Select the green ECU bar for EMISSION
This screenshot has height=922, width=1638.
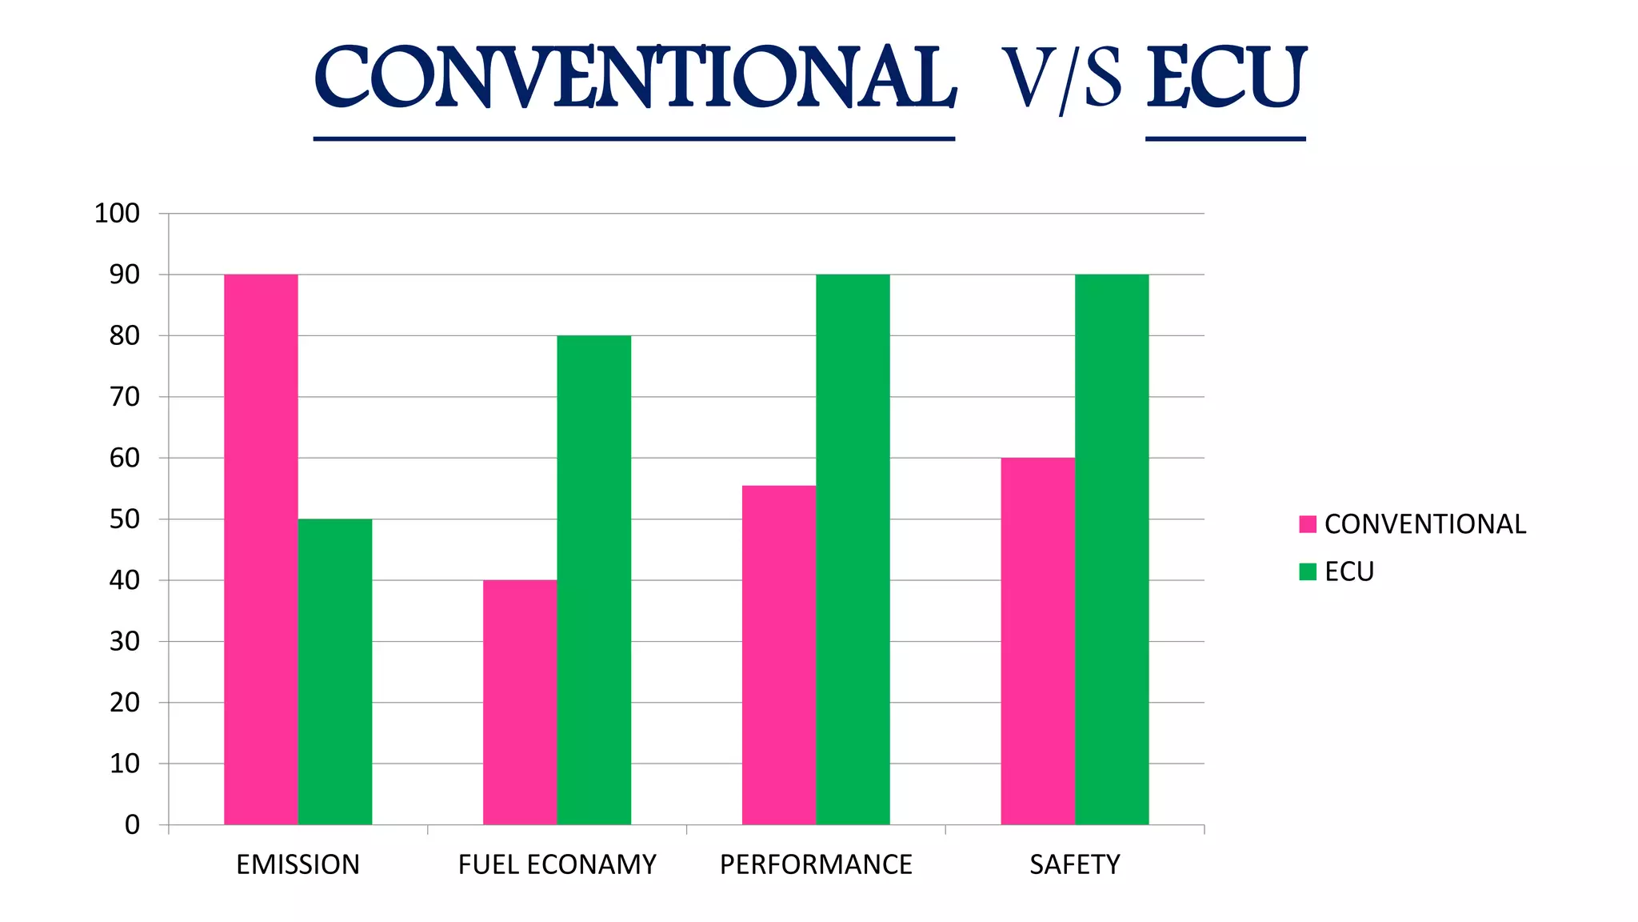335,671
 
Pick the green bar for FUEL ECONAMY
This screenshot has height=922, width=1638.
594,579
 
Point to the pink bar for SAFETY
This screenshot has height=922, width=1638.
1037,641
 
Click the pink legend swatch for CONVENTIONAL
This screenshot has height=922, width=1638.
1308,524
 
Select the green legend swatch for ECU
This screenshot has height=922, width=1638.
1308,571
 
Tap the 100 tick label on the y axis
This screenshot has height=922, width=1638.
117,214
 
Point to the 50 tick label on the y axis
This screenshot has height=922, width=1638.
124,519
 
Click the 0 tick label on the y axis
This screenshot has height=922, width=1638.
132,825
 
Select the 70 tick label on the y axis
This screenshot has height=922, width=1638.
124,397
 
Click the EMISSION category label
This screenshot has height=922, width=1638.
298,865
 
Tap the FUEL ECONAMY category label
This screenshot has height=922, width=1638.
557,865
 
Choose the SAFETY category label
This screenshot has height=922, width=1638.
1074,865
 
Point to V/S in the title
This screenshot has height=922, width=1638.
1061,80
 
